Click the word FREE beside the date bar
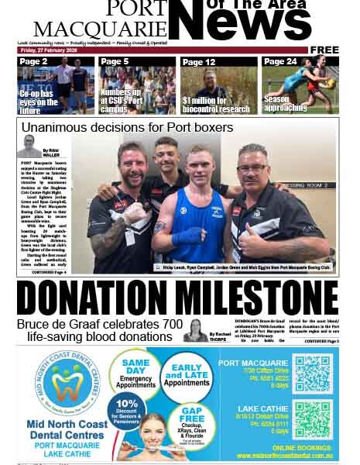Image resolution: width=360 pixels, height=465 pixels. (324, 50)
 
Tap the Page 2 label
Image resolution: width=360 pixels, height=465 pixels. (33, 61)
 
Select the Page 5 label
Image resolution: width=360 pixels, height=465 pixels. (115, 61)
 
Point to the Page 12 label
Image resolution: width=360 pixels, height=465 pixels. (199, 62)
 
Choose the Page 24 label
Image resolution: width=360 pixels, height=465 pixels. (280, 61)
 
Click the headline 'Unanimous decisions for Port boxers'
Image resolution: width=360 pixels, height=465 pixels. (127, 127)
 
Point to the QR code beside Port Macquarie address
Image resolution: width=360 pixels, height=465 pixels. (313, 373)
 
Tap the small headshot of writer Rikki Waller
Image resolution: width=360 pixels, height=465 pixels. (30, 146)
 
